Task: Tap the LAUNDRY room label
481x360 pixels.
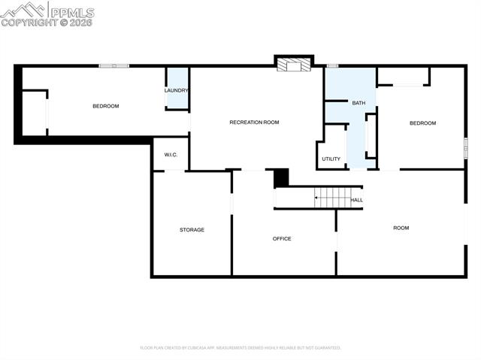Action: point(177,91)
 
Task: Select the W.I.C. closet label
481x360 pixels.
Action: point(171,155)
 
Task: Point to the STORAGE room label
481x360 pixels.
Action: point(192,229)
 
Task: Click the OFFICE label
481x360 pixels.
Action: point(282,238)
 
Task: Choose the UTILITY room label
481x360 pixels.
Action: point(331,159)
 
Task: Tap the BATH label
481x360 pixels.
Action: point(358,102)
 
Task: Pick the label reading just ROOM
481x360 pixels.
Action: point(401,227)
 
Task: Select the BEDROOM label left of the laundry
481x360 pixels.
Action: point(106,106)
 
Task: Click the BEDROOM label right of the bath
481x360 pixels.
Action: point(422,123)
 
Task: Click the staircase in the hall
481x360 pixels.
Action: point(332,198)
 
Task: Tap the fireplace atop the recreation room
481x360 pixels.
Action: point(293,65)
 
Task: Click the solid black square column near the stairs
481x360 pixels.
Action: point(281,178)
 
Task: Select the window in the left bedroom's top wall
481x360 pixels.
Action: point(114,66)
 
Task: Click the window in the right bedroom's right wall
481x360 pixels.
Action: point(465,148)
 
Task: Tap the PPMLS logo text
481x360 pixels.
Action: point(71,11)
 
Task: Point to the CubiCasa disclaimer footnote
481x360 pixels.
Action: point(240,348)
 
